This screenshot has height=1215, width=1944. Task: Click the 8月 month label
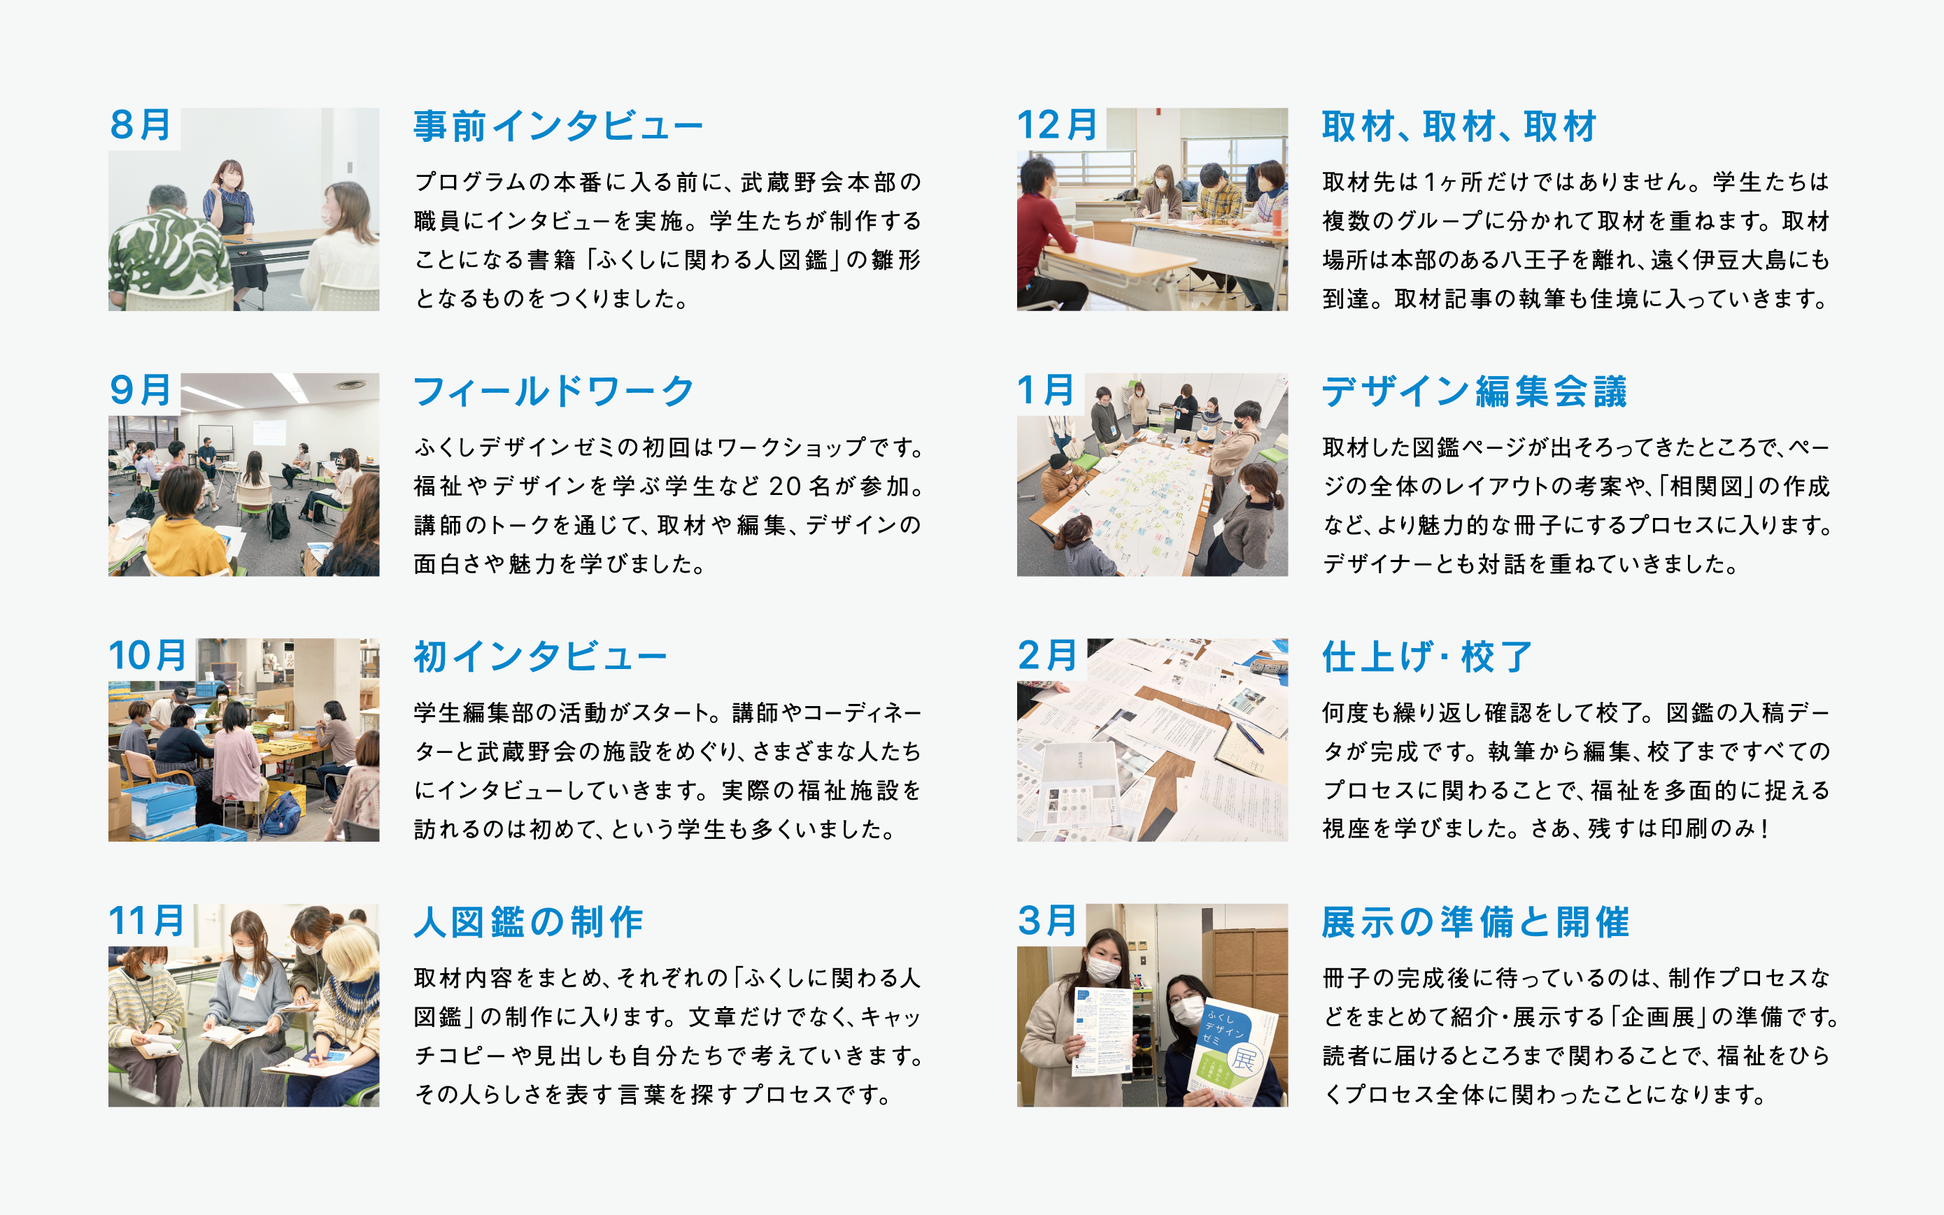(141, 125)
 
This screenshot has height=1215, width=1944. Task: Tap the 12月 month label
(1058, 125)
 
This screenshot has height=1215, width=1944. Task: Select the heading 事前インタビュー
(559, 127)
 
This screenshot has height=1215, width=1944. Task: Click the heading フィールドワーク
(554, 392)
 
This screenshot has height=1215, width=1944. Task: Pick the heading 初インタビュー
(540, 657)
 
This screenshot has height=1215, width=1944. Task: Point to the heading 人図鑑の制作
(528, 923)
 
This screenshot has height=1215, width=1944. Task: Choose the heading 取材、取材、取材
(1459, 127)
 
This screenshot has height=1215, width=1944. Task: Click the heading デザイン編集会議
(1475, 392)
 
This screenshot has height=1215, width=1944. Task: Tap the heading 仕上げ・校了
(1427, 657)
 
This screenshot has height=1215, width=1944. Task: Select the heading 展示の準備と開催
(1475, 923)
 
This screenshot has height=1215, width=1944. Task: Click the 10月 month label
(148, 656)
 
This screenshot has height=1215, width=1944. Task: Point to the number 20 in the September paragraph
(785, 486)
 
